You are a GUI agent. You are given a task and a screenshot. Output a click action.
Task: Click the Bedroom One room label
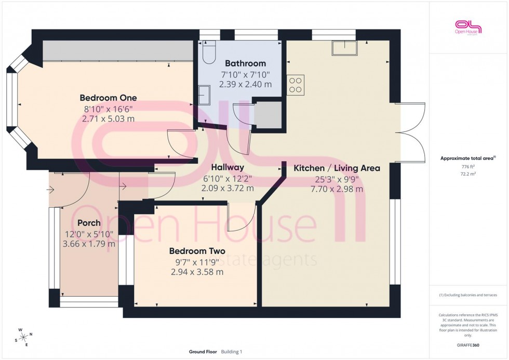108,98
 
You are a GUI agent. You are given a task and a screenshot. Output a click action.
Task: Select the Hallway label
227,168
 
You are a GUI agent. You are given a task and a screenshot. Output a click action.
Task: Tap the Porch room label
89,223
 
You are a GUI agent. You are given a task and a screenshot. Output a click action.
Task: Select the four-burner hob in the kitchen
296,85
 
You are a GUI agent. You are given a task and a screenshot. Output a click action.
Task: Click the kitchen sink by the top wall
345,48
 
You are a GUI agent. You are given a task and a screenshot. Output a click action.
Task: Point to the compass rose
24,337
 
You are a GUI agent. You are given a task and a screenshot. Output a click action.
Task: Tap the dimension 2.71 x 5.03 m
108,118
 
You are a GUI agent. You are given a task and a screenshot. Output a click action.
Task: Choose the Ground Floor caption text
203,352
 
